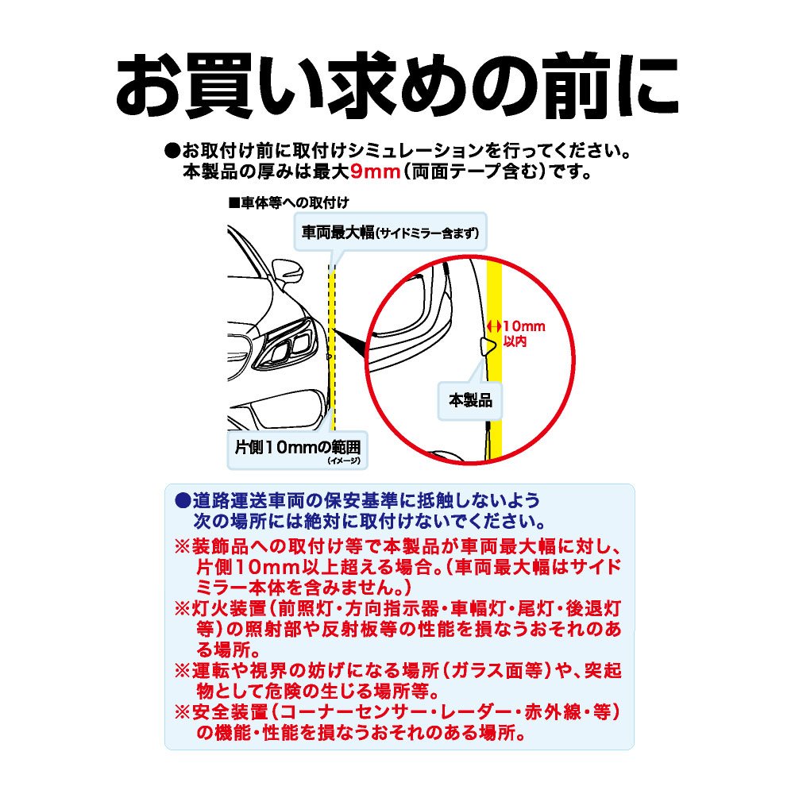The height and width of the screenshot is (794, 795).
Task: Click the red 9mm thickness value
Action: coord(376,172)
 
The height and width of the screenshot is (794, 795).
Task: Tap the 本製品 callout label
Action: coord(470,400)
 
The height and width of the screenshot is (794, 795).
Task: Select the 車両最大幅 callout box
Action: coord(390,233)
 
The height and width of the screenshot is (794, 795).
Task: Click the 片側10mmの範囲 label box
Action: coord(298,449)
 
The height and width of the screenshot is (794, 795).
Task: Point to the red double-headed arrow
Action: coord(494,326)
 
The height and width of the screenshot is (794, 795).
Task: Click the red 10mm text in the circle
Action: coord(523,326)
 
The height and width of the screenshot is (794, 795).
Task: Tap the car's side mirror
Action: coord(288,272)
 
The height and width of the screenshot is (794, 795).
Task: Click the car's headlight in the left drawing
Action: coord(285,343)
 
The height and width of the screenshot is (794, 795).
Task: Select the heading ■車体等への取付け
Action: coord(288,202)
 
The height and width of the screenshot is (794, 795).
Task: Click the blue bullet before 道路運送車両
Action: coord(182,501)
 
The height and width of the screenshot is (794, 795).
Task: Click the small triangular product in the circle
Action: coord(488,346)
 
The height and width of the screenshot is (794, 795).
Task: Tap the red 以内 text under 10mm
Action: coord(515,341)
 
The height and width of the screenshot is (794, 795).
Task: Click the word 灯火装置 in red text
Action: coord(230,608)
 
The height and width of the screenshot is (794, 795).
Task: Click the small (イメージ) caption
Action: coord(344,461)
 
